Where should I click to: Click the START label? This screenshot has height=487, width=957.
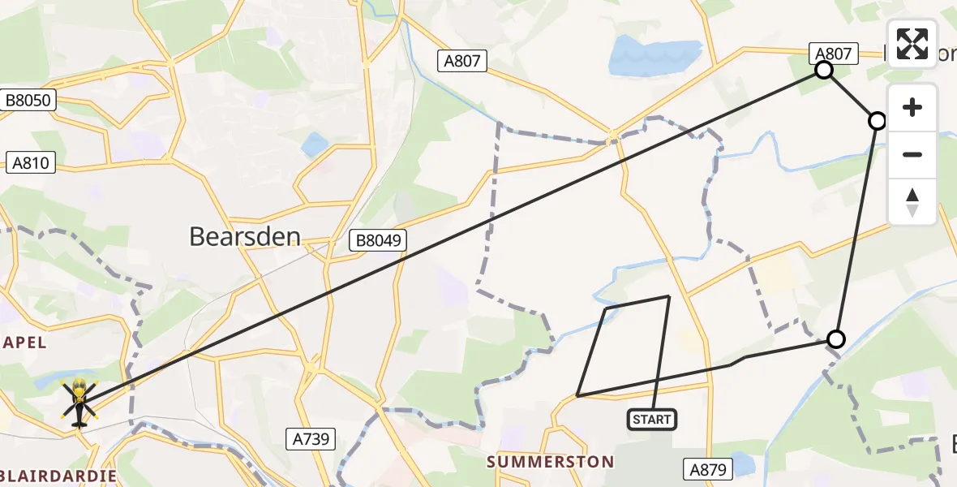point(652,419)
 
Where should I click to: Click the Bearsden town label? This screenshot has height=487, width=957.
point(245,236)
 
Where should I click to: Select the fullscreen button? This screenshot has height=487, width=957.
point(912,44)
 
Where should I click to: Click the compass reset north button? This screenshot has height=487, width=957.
point(912,202)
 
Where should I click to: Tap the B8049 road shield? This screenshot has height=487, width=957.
point(377,240)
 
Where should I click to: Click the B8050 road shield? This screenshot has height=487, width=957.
point(28,101)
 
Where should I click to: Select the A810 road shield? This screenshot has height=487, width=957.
point(31,162)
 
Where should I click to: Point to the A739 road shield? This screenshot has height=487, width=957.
point(311,439)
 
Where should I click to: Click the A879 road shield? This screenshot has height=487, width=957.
point(708,468)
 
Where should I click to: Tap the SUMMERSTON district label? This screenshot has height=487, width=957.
point(550,462)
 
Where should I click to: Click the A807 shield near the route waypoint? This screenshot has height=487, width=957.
point(833,54)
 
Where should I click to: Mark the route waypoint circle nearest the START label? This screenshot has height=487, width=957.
point(835,339)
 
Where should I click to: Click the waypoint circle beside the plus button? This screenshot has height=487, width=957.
point(877,121)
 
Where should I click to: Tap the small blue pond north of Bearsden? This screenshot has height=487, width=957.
point(315,145)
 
